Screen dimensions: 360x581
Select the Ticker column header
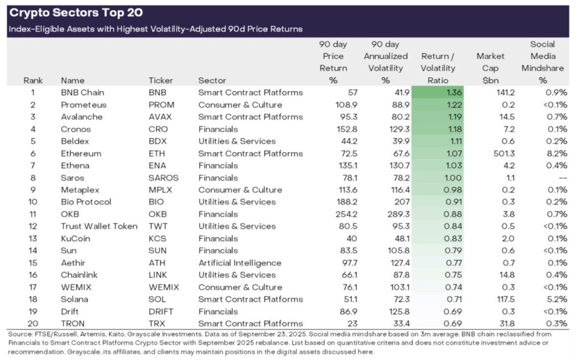click(161, 81)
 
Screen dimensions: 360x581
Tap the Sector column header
click(212, 81)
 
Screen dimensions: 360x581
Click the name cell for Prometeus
click(83, 104)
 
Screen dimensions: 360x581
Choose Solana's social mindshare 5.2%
click(556, 299)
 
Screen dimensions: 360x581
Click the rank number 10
click(33, 202)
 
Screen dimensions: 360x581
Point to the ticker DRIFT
click(162, 312)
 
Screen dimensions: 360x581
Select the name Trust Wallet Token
click(99, 227)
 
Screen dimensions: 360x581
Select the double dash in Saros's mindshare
click(560, 178)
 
